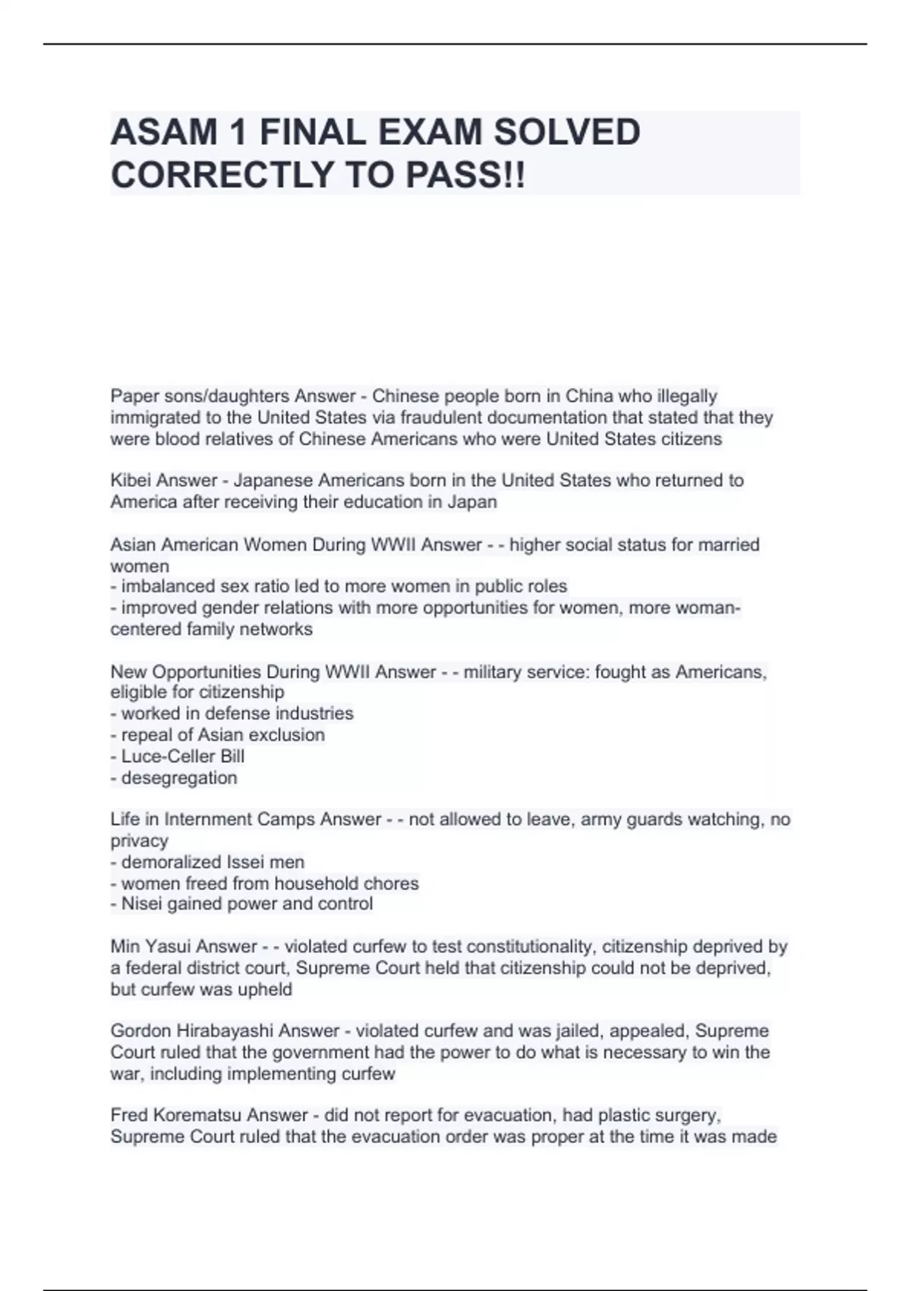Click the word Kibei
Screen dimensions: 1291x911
pyautogui.click(x=132, y=481)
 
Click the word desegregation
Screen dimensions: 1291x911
pyautogui.click(x=179, y=778)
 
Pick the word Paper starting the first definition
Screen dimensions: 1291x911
pyautogui.click(x=133, y=396)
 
